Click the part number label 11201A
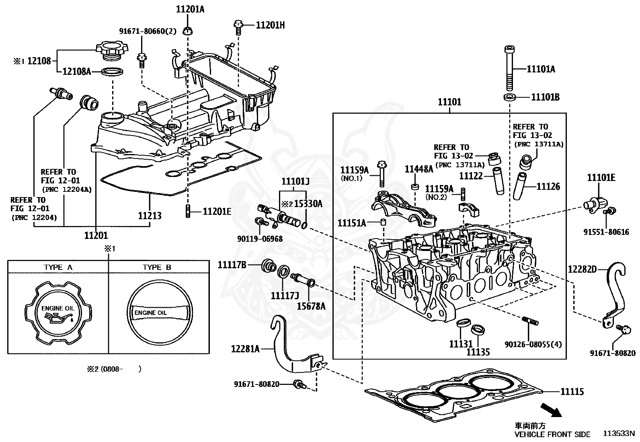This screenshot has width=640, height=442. [190, 9]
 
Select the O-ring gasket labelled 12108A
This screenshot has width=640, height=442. [112, 72]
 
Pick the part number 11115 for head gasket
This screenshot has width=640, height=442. [572, 391]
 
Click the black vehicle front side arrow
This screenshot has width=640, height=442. [552, 410]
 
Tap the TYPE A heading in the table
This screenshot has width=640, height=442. [58, 267]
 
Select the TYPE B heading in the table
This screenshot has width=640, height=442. [157, 267]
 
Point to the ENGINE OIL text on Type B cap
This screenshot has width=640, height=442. [151, 313]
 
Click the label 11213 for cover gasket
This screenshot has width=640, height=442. [150, 216]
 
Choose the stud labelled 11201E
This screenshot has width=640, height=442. [188, 211]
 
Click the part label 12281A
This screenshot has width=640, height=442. [245, 349]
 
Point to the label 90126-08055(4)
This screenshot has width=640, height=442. [533, 344]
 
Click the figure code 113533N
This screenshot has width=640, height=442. [619, 434]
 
